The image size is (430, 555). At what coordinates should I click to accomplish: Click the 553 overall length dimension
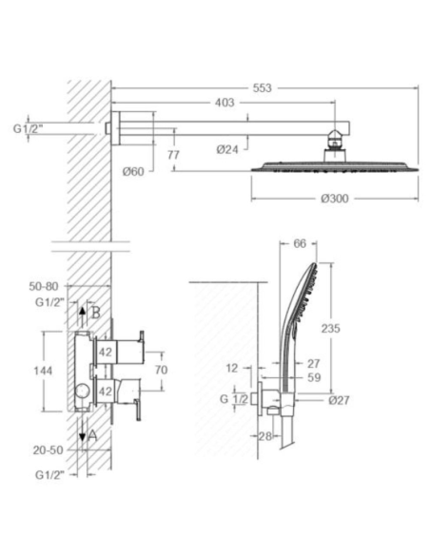(x=263, y=87)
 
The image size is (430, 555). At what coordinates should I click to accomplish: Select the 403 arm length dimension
(x=225, y=103)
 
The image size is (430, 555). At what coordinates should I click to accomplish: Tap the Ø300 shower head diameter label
(x=335, y=199)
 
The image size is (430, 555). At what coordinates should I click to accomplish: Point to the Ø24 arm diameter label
(x=227, y=150)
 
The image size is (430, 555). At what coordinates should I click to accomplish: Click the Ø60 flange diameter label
(x=133, y=172)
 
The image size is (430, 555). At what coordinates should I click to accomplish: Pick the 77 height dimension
(x=173, y=155)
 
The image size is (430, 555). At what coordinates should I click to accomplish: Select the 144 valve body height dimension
(x=43, y=371)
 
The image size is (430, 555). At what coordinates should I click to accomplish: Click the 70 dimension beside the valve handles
(x=161, y=370)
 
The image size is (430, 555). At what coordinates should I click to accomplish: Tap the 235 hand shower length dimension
(x=330, y=329)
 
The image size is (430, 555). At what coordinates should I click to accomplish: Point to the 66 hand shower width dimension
(x=300, y=243)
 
